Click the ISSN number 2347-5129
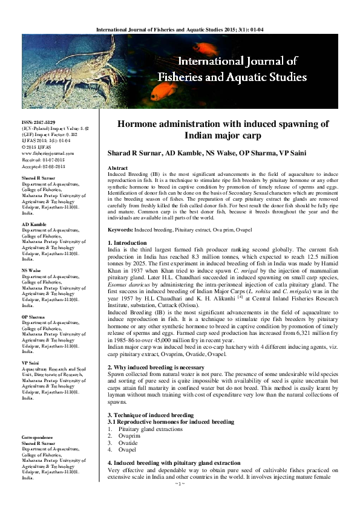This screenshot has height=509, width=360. (x=38, y=123)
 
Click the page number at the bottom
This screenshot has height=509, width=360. (x=179, y=501)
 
